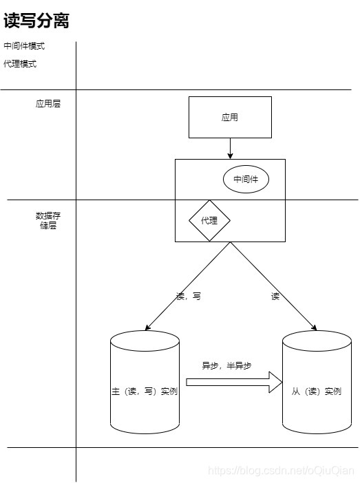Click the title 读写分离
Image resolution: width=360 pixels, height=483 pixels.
(36, 21)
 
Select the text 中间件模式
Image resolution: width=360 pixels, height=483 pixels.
(24, 46)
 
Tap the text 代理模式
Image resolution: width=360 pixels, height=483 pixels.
(20, 64)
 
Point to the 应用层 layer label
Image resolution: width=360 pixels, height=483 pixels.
(48, 104)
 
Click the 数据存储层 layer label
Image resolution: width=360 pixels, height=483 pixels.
(48, 220)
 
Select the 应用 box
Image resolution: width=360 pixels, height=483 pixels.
(230, 117)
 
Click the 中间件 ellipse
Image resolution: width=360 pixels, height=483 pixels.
(246, 180)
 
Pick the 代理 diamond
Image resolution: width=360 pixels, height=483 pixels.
(209, 221)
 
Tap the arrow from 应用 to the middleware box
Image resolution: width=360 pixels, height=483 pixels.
(230, 148)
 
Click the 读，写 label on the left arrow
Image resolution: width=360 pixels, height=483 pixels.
(189, 297)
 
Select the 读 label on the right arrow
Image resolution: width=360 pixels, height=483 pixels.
(275, 297)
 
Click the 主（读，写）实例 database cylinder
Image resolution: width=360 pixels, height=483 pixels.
(145, 413)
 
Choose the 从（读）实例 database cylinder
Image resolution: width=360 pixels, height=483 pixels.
(317, 413)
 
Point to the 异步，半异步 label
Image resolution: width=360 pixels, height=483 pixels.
(226, 365)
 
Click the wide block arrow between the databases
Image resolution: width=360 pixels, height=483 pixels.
(234, 383)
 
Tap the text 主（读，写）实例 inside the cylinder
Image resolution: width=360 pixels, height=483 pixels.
(145, 391)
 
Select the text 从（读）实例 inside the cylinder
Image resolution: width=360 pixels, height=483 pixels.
(317, 391)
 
